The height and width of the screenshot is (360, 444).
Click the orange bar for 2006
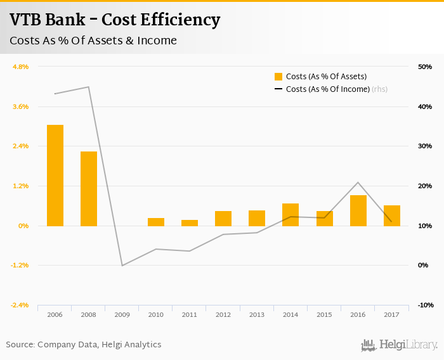point(55,175)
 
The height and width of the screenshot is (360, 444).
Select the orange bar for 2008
point(89,188)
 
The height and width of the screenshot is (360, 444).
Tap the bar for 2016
point(358,210)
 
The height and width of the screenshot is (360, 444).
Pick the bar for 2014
point(291,214)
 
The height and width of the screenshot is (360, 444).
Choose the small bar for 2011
point(190,222)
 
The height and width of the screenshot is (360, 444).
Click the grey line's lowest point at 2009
point(122,265)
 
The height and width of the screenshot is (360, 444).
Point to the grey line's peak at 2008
point(89,87)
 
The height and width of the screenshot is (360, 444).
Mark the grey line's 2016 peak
point(358,183)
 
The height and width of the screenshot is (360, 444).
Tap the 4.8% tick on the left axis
point(21,67)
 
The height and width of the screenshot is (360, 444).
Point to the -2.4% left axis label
point(20,305)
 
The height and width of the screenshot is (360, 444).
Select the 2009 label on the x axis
point(122,314)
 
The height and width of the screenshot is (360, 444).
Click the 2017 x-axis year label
point(392,314)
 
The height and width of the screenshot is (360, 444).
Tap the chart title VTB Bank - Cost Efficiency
point(115,20)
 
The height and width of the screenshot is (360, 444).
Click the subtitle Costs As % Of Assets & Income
point(93,41)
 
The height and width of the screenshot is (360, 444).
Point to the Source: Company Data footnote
point(84,345)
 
